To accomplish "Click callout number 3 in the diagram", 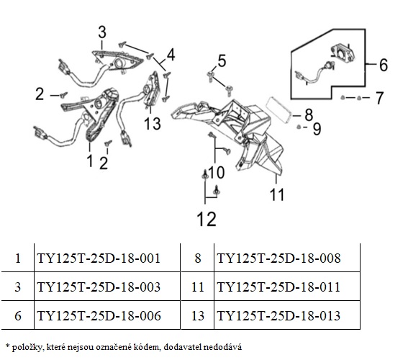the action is [x=102, y=32].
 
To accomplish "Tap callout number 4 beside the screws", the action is [x=171, y=55].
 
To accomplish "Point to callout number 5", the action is [x=222, y=61].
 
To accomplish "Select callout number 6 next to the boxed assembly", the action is [x=384, y=65].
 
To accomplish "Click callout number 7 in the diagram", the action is [x=380, y=98].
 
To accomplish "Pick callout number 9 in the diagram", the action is [x=317, y=129].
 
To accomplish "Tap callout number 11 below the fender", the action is [x=277, y=194].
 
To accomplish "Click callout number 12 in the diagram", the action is [x=207, y=219].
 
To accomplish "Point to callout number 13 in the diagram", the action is [x=153, y=123].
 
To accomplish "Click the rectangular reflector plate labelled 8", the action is [x=279, y=110].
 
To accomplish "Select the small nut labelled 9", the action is [x=299, y=127].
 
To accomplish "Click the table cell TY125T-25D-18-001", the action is [x=99, y=258].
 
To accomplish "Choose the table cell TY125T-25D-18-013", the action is [x=278, y=315].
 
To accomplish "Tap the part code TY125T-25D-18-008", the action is [x=278, y=258].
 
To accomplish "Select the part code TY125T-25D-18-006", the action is [x=99, y=315].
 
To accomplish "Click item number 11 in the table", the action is [x=197, y=287].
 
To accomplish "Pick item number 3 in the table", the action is [x=18, y=287].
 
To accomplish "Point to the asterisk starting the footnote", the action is [x=7, y=346].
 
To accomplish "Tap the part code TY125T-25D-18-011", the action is [x=278, y=287].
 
